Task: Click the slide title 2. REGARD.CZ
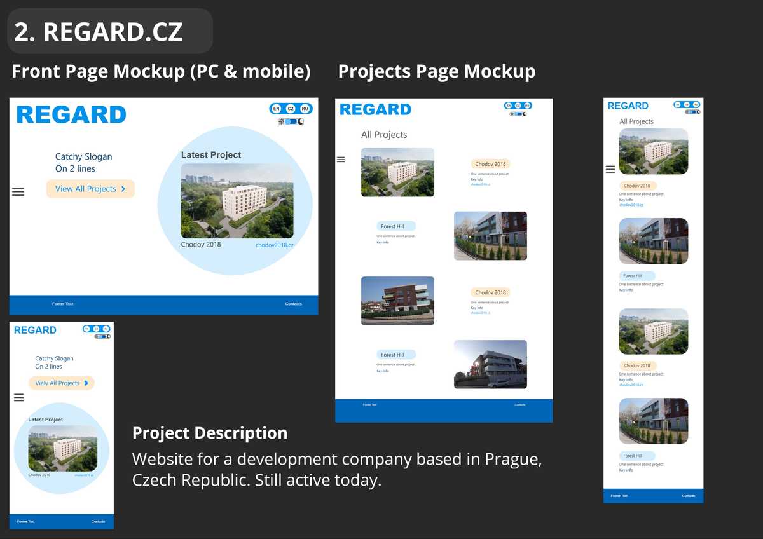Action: coord(99,32)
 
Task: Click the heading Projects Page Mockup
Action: coord(436,71)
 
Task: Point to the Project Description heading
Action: coord(210,433)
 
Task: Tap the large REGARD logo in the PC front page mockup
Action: coord(71,115)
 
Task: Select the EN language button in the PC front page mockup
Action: coord(277,109)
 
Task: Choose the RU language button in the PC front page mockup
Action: coord(305,109)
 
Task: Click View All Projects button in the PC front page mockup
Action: coord(90,189)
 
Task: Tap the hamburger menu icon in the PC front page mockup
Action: coord(18,191)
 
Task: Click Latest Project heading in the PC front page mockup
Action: coord(211,155)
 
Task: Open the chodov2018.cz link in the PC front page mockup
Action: coord(274,245)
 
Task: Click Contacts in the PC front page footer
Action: coord(294,304)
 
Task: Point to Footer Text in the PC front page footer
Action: coord(62,304)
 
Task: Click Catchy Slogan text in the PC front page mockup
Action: coord(83,156)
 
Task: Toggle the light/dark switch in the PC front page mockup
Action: coord(291,121)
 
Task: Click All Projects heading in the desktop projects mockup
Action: coord(384,135)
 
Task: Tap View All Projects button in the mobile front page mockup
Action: coord(61,383)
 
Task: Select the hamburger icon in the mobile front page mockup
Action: coord(18,397)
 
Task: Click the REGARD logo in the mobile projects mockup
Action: coord(628,106)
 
